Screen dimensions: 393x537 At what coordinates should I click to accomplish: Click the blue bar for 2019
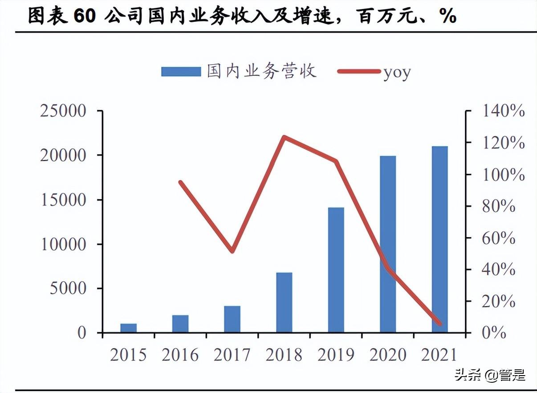click(336, 270)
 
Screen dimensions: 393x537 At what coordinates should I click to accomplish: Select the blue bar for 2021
click(439, 239)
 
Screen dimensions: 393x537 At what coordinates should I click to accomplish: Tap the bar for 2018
click(284, 302)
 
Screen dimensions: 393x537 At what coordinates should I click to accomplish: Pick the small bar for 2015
click(128, 328)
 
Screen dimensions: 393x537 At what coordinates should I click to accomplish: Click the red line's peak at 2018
click(284, 137)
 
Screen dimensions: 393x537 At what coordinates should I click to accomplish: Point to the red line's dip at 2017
click(232, 251)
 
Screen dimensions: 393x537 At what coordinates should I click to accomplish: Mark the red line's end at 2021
click(440, 323)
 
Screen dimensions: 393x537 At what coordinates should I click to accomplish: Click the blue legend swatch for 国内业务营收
click(181, 72)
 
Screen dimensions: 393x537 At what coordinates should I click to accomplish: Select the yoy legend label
click(397, 72)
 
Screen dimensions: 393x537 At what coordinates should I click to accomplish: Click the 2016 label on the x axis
click(180, 355)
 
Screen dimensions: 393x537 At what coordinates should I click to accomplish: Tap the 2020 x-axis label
click(388, 355)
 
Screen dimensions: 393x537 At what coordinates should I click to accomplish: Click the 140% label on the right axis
click(504, 111)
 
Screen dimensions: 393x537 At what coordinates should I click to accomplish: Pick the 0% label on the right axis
click(495, 332)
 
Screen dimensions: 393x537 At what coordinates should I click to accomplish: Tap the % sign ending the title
click(447, 16)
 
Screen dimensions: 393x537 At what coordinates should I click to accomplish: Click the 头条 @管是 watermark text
click(490, 375)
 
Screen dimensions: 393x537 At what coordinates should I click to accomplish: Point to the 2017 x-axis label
click(232, 355)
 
